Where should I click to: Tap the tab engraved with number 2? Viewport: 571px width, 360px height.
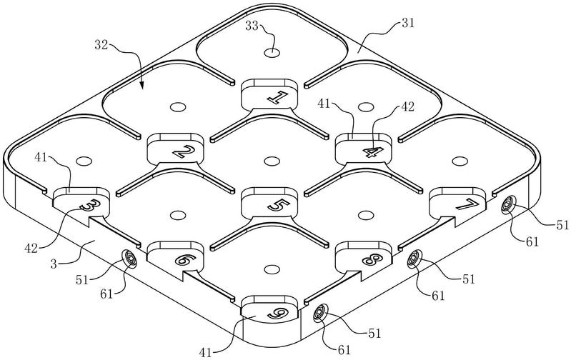[175, 149]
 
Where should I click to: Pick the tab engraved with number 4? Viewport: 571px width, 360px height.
[364, 149]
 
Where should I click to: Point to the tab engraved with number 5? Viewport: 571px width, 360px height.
[270, 203]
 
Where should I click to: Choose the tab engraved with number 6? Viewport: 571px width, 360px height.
[175, 257]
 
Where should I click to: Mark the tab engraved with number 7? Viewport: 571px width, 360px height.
[458, 202]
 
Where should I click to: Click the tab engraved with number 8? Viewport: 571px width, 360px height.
[364, 257]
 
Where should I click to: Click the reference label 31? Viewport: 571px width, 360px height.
[407, 24]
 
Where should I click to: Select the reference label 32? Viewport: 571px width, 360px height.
[101, 45]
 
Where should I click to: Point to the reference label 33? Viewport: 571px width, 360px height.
[252, 26]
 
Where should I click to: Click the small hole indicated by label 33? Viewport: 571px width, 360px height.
[272, 53]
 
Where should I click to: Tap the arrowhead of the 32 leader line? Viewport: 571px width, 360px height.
[142, 86]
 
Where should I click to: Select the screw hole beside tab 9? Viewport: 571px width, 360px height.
[320, 313]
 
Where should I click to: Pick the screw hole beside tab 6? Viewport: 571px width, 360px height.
[129, 259]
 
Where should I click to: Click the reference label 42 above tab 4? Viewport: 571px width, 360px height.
[408, 107]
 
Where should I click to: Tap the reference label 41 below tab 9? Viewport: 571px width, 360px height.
[206, 352]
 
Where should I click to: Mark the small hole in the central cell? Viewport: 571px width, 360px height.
[271, 161]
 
